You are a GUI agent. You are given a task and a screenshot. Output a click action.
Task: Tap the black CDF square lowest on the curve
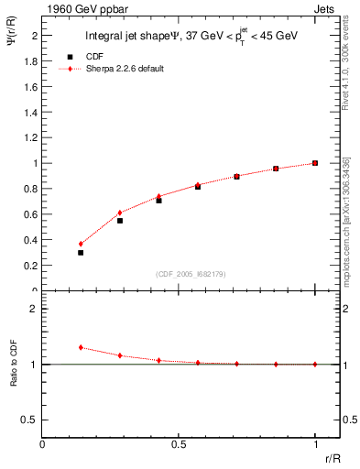[x=81, y=252]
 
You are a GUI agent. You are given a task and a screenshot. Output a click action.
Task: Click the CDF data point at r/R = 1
[x=315, y=163]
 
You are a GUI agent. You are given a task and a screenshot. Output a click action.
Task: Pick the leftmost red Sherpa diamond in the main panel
[x=81, y=244]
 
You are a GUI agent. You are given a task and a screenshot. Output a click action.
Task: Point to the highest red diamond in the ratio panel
[x=81, y=347]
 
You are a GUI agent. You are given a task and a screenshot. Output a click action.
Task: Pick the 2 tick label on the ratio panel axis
[x=33, y=309]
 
